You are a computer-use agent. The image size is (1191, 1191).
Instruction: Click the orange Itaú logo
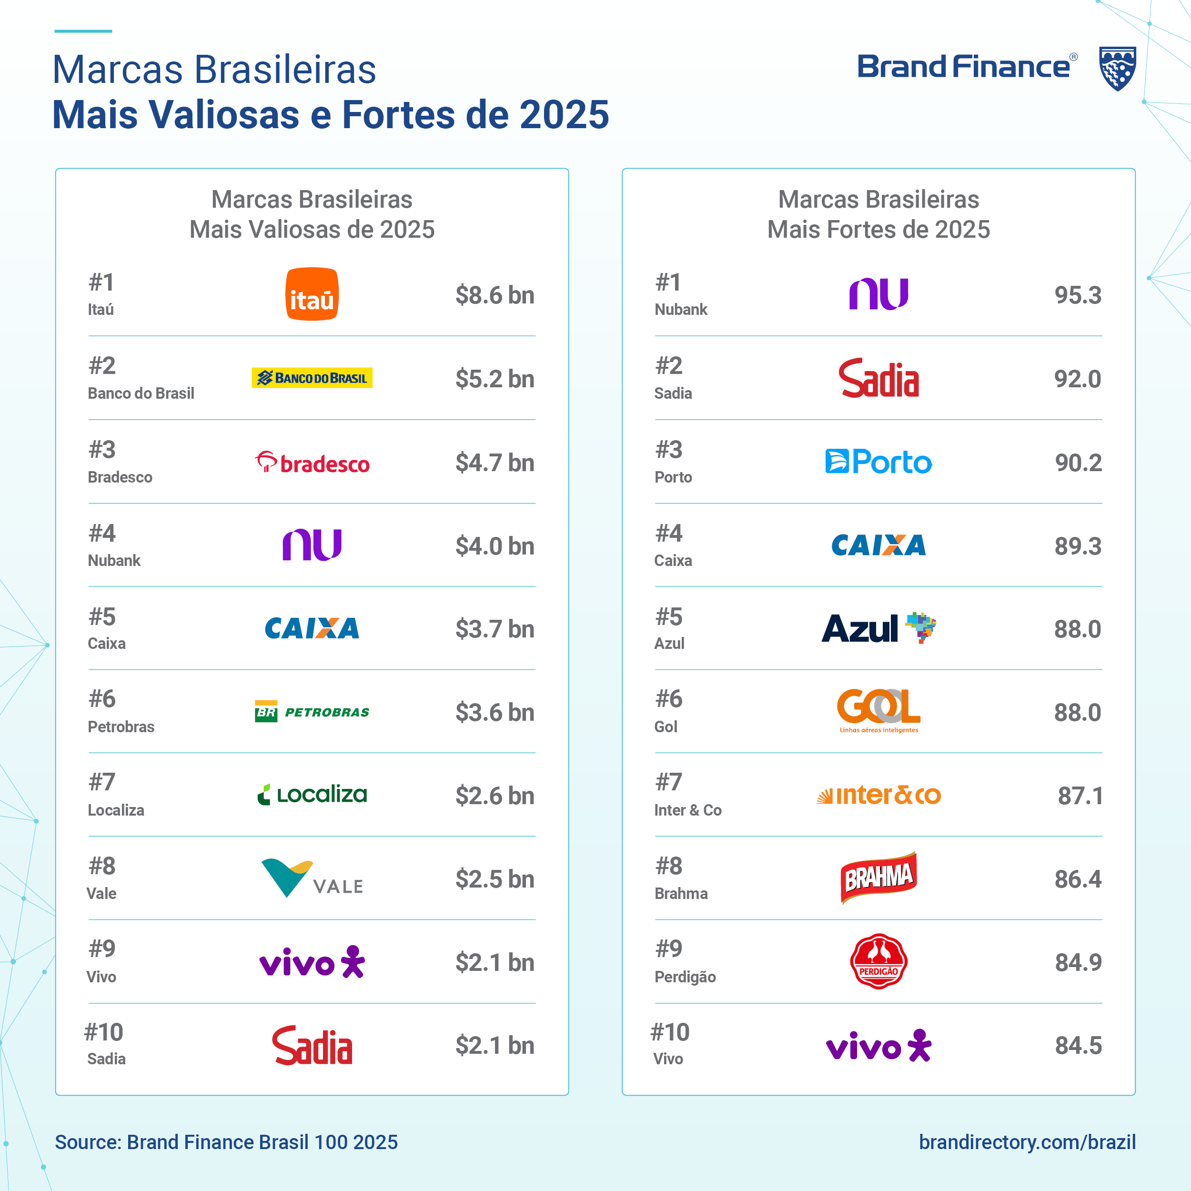click(312, 294)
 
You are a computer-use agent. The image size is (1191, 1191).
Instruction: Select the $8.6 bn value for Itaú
click(495, 295)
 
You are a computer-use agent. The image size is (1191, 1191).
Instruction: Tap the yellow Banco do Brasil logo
click(312, 378)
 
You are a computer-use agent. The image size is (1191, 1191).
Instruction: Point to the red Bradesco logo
click(312, 462)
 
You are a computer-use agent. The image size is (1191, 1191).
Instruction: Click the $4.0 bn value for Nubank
click(495, 546)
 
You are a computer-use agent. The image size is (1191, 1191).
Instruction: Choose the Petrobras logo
click(312, 712)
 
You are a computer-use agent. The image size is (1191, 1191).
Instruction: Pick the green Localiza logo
click(312, 795)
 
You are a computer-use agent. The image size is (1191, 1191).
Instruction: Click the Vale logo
click(312, 878)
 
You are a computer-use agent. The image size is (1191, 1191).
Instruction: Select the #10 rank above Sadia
click(103, 1032)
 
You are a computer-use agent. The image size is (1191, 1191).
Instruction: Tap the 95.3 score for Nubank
click(1078, 295)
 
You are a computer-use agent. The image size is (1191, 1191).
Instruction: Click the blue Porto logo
click(878, 462)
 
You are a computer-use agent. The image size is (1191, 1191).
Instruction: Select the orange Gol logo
click(878, 710)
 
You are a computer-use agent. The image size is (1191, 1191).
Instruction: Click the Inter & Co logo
click(878, 795)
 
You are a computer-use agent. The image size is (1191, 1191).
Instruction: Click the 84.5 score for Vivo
click(1078, 1046)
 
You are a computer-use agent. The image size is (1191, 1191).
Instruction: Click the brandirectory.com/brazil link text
click(1027, 1142)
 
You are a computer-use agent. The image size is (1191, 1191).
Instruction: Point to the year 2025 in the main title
click(564, 115)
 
